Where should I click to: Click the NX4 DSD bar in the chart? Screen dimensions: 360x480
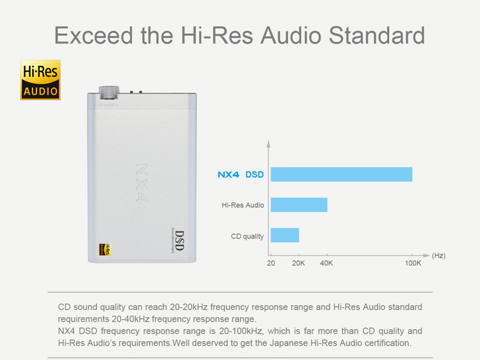tap(341, 175)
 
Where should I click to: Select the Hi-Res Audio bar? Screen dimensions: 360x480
tap(299, 205)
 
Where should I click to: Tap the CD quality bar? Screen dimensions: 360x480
tap(285, 235)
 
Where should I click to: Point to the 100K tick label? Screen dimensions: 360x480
tap(413, 263)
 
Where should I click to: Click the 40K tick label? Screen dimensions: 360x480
tap(326, 263)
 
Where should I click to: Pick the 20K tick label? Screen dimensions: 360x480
tap(298, 263)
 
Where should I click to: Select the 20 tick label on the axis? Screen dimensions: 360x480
tap(271, 263)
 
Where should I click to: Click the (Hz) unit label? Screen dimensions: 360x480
tap(438, 255)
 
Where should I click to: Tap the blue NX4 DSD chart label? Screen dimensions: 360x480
tap(240, 175)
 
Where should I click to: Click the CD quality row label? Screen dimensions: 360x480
tap(247, 237)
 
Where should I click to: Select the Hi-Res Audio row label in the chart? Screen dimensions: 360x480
tap(243, 205)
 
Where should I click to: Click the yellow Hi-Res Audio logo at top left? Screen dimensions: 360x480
tap(40, 79)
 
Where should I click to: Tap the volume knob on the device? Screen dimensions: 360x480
tap(108, 92)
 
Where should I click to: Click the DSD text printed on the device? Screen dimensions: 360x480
tap(179, 240)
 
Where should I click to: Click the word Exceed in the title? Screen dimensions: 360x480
tap(90, 35)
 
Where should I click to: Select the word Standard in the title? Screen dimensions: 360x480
tap(377, 35)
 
